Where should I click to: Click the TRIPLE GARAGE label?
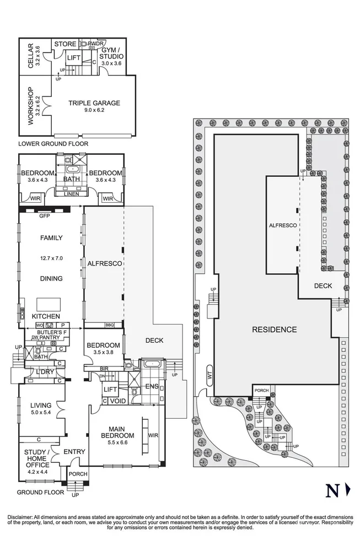point(94,103)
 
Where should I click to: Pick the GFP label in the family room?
point(44,216)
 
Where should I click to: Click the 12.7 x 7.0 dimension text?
point(51,258)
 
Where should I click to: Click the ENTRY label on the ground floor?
point(74,452)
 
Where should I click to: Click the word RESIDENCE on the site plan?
point(274,330)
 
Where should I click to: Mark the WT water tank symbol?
point(209,374)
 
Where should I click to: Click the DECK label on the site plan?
point(323,285)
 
